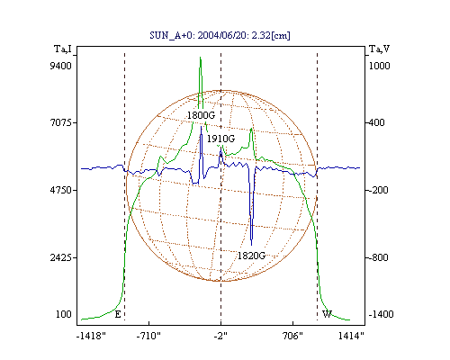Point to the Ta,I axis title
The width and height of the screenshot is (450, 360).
tap(63, 49)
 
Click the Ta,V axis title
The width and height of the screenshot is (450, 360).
tap(379, 49)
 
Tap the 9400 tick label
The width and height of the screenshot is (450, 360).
tap(60, 66)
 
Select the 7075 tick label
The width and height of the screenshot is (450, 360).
tap(60, 122)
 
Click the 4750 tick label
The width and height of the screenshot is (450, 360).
tap(60, 190)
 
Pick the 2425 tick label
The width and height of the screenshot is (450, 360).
tap(60, 257)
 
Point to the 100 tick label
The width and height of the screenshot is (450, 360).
tap(64, 314)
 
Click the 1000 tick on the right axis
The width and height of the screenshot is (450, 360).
tap(379, 66)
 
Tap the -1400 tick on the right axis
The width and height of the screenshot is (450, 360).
tap(381, 314)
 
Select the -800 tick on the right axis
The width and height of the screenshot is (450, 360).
tap(379, 257)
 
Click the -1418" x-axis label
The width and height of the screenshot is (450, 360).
tap(91, 336)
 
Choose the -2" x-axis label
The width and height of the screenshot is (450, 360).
tap(220, 336)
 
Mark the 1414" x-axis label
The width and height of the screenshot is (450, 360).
tap(351, 336)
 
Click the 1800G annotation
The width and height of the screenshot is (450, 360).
tap(201, 115)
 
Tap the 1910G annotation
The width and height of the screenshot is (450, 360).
tap(220, 139)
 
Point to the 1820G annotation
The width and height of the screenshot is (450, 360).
tap(251, 256)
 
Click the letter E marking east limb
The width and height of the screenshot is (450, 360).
tap(118, 314)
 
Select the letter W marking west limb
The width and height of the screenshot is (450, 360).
tap(327, 314)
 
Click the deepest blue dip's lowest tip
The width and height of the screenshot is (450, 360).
tap(251, 245)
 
